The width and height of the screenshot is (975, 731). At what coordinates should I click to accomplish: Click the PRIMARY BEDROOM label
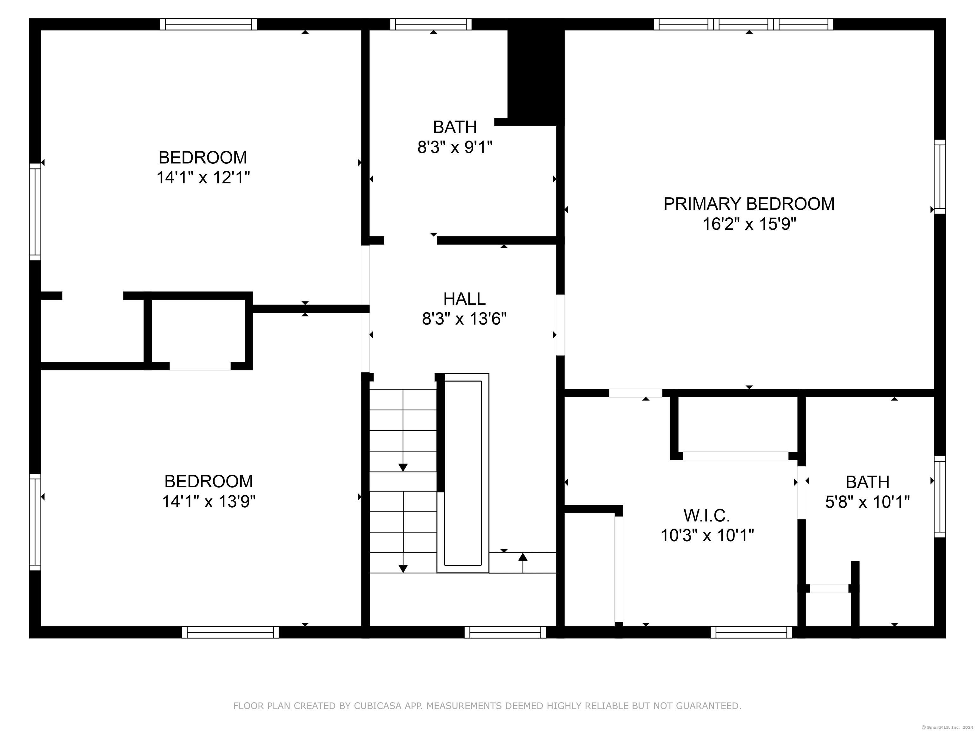tap(749, 204)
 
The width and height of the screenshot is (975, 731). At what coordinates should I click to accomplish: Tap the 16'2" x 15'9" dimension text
tap(749, 224)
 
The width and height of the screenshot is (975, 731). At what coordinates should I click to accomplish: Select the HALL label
tap(464, 299)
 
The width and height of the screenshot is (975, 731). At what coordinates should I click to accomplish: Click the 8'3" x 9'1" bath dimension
tap(455, 147)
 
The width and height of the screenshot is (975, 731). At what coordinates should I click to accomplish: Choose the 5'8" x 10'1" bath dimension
tap(867, 502)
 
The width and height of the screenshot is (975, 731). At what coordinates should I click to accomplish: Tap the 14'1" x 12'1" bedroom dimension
tap(203, 178)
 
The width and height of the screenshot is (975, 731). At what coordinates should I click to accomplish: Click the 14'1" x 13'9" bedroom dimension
tap(209, 501)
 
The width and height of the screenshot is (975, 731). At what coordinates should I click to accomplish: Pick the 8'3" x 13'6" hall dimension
tap(464, 319)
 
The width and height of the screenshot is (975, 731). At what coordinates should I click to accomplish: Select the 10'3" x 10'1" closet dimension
tap(707, 535)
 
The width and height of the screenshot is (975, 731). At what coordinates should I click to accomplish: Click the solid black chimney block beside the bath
tap(535, 73)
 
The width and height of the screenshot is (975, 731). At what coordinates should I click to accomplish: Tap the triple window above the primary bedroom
tap(743, 24)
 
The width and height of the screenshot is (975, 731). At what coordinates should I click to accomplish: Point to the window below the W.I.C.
tap(751, 632)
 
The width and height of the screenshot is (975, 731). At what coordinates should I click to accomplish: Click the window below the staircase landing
tap(505, 632)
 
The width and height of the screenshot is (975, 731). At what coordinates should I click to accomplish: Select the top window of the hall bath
tap(431, 24)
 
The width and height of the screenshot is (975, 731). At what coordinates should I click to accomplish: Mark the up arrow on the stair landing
tap(523, 563)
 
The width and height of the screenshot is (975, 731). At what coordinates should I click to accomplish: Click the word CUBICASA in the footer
tap(377, 706)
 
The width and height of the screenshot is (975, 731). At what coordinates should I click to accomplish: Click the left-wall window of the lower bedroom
tap(35, 522)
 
